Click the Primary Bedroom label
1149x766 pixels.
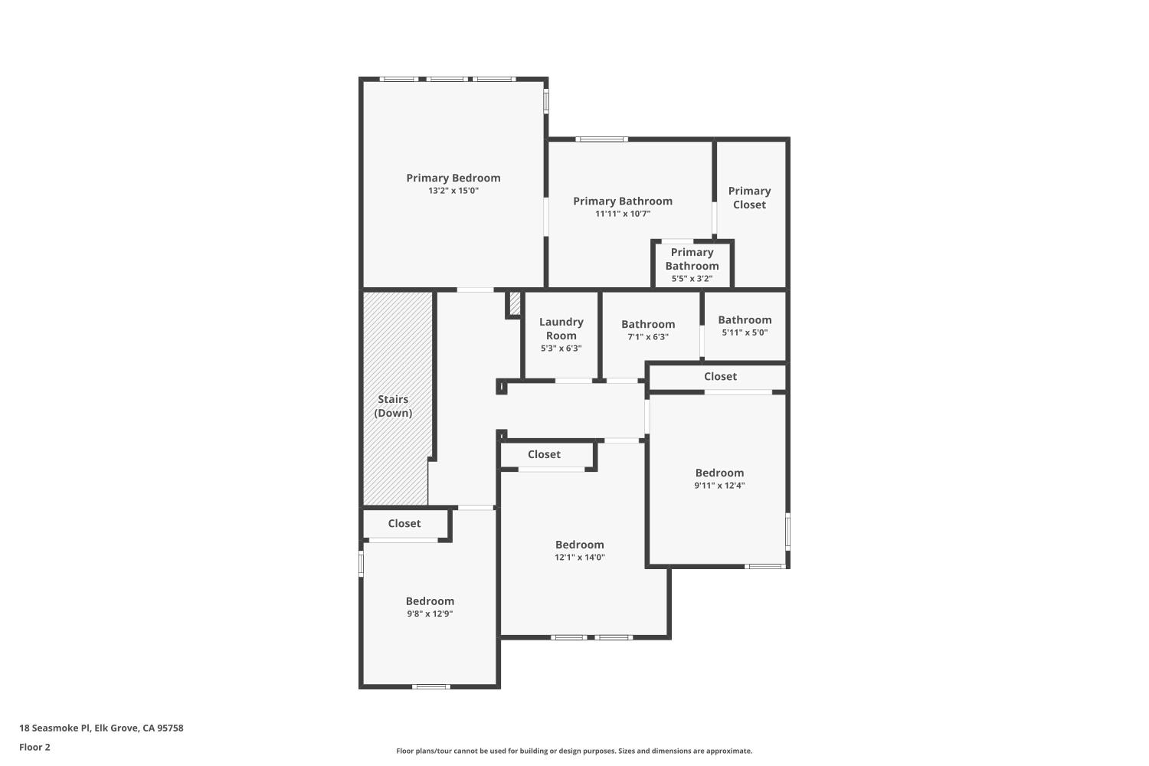click(x=453, y=178)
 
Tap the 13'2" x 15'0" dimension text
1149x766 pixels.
click(x=453, y=191)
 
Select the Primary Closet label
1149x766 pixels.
click(x=749, y=198)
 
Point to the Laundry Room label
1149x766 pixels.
click(x=561, y=329)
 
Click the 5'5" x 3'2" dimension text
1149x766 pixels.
click(x=692, y=279)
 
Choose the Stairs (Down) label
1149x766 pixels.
click(x=393, y=406)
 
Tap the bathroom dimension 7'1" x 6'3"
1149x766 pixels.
click(x=648, y=337)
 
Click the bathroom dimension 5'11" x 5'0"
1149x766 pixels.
click(x=745, y=332)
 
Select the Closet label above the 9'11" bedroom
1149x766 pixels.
click(x=720, y=376)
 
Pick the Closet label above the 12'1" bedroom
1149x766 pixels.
click(x=544, y=454)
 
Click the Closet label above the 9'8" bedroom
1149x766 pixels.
click(x=404, y=523)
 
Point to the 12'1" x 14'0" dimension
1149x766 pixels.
click(x=580, y=558)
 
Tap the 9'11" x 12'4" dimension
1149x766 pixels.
click(x=719, y=486)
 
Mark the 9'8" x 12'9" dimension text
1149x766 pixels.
click(x=430, y=614)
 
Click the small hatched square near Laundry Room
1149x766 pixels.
click(x=515, y=303)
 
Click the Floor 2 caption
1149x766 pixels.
click(x=34, y=747)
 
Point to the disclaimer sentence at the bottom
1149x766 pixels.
click(x=574, y=751)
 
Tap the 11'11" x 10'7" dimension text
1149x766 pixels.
click(x=623, y=214)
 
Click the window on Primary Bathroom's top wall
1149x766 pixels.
click(x=602, y=139)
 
